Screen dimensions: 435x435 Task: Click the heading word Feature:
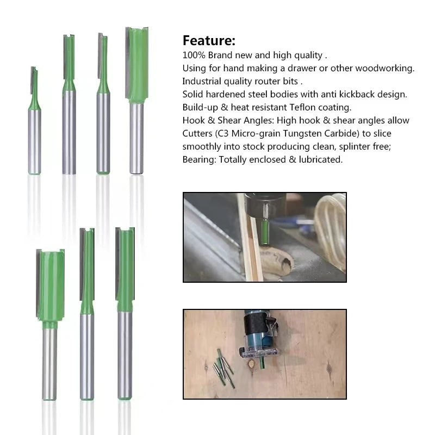click(x=209, y=41)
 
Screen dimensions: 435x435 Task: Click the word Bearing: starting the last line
click(x=199, y=159)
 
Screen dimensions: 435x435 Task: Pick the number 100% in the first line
click(x=194, y=55)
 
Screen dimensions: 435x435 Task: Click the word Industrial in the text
click(x=202, y=81)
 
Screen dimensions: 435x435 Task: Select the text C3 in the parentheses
click(x=228, y=133)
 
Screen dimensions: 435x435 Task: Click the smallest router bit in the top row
click(x=34, y=120)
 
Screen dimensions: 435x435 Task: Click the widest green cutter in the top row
click(x=136, y=65)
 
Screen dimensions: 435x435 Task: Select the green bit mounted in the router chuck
click(x=264, y=231)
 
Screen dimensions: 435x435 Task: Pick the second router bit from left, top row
click(x=69, y=103)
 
